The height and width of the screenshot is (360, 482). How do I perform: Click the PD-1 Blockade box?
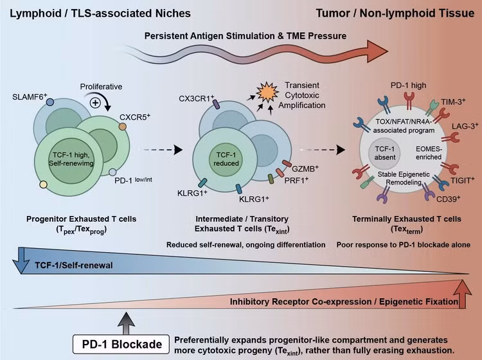point(121,344)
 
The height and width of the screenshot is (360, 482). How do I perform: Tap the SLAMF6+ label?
point(30,97)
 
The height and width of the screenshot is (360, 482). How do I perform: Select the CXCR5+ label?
point(135,117)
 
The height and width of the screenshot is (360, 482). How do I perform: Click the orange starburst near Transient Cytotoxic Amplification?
point(267,92)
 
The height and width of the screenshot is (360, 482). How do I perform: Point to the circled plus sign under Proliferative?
point(95,103)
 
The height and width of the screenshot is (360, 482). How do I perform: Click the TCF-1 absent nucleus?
point(384,153)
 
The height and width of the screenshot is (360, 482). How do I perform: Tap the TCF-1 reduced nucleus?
point(226,159)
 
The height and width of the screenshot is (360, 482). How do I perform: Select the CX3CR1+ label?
point(196,99)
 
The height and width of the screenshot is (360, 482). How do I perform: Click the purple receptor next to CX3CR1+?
point(216,104)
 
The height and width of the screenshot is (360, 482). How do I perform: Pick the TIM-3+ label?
point(453,102)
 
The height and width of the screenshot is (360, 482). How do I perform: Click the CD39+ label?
point(449,199)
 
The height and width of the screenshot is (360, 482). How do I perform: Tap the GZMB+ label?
point(305,169)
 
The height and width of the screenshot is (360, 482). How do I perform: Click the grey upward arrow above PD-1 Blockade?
point(126,323)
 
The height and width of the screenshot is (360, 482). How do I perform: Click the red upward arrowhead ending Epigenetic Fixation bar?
point(461,293)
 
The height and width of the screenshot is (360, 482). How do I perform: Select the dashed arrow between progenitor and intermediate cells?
point(163,150)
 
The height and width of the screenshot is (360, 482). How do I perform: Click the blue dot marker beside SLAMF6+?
point(49,102)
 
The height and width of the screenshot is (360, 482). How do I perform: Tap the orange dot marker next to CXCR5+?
point(123,127)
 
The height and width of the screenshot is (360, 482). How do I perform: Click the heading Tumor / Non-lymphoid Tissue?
point(395,14)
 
